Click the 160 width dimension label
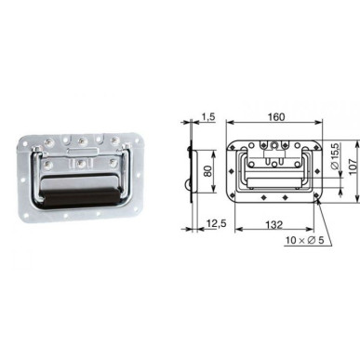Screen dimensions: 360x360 (x=276, y=117)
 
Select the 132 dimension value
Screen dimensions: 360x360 (x=274, y=224)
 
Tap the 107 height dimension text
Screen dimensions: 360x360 (x=353, y=167)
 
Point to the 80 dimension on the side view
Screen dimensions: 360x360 (x=208, y=171)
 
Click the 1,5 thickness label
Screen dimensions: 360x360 (x=208, y=117)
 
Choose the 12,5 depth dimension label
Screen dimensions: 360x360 (x=216, y=223)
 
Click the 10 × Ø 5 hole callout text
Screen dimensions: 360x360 (x=305, y=240)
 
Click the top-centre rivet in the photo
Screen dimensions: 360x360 (x=82, y=141)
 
